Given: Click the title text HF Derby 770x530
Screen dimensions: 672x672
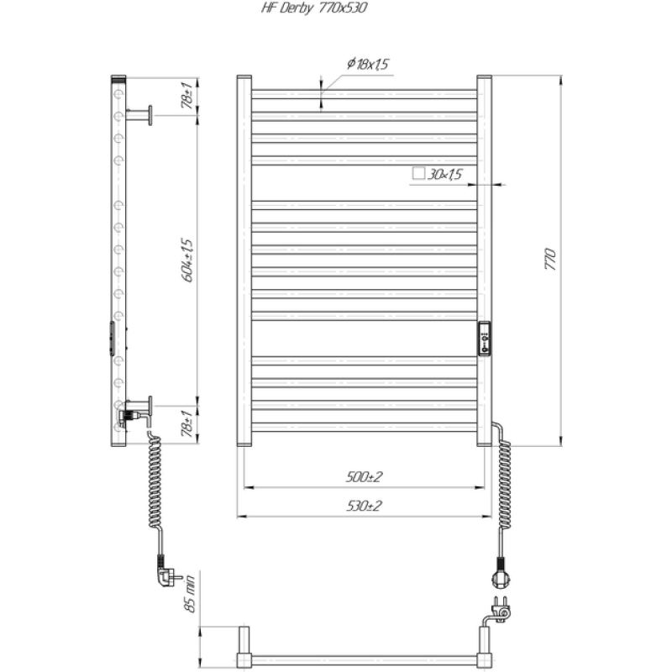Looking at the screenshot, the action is pos(314,8).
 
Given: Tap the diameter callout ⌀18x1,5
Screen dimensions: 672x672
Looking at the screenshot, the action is pos(368,64).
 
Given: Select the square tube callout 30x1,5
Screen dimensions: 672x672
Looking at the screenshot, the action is pos(445,174).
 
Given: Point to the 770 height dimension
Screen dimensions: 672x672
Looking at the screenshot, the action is pos(550,259).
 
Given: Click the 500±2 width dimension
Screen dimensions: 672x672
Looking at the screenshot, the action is pos(364,476).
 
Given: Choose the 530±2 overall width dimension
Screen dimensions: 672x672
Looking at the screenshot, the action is pos(364,506).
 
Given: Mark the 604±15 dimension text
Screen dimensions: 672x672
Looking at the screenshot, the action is pos(188,260).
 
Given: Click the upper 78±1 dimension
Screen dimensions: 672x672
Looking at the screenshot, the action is pos(187,95).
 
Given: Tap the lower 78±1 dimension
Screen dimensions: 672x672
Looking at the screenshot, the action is pos(187,423).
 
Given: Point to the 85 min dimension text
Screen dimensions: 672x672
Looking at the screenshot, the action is pos(189,593).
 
